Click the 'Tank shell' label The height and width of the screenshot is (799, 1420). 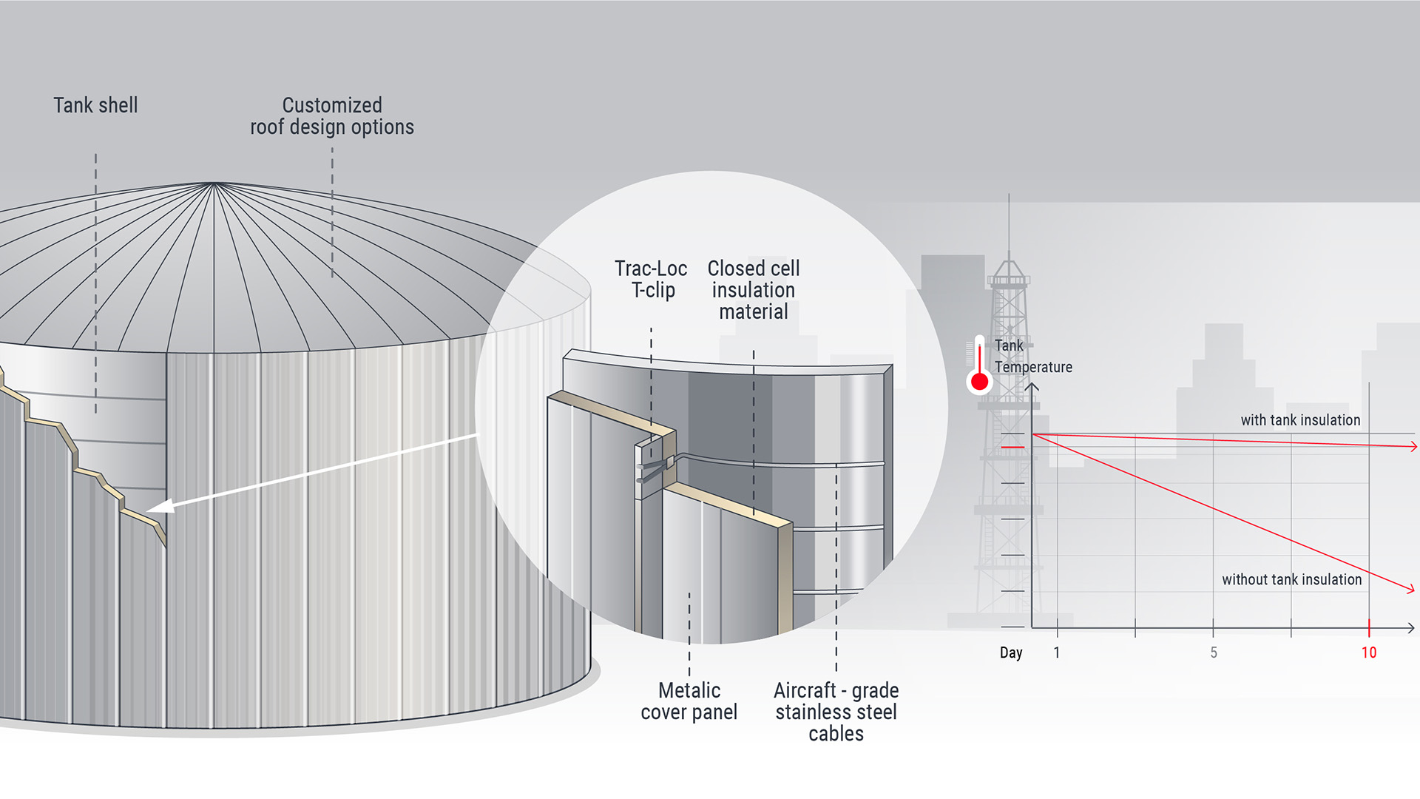click(95, 106)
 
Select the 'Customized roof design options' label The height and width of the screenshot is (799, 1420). click(332, 116)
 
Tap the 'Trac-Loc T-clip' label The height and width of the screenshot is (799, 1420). click(651, 279)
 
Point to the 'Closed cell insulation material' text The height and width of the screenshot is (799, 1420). click(754, 290)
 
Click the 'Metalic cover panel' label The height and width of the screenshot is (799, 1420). click(689, 701)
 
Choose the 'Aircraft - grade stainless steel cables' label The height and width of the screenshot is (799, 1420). click(836, 712)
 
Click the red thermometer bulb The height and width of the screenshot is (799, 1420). click(979, 382)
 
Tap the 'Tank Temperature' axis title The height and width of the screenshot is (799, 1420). click(1032, 356)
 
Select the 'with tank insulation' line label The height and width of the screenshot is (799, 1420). click(1300, 420)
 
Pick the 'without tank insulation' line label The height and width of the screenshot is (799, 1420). click(1291, 579)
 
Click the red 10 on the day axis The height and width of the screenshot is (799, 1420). click(1369, 653)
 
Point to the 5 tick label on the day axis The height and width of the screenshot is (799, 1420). click(1214, 653)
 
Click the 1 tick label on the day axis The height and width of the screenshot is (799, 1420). click(1057, 653)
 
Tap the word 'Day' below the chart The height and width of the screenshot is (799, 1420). click(1011, 653)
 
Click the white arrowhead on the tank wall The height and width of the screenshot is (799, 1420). click(159, 507)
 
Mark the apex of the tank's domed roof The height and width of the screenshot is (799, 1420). click(213, 183)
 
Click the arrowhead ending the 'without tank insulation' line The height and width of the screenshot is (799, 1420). click(1411, 589)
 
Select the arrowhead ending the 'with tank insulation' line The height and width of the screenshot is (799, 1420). click(1413, 447)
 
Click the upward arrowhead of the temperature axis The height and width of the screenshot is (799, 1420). click(1032, 386)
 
